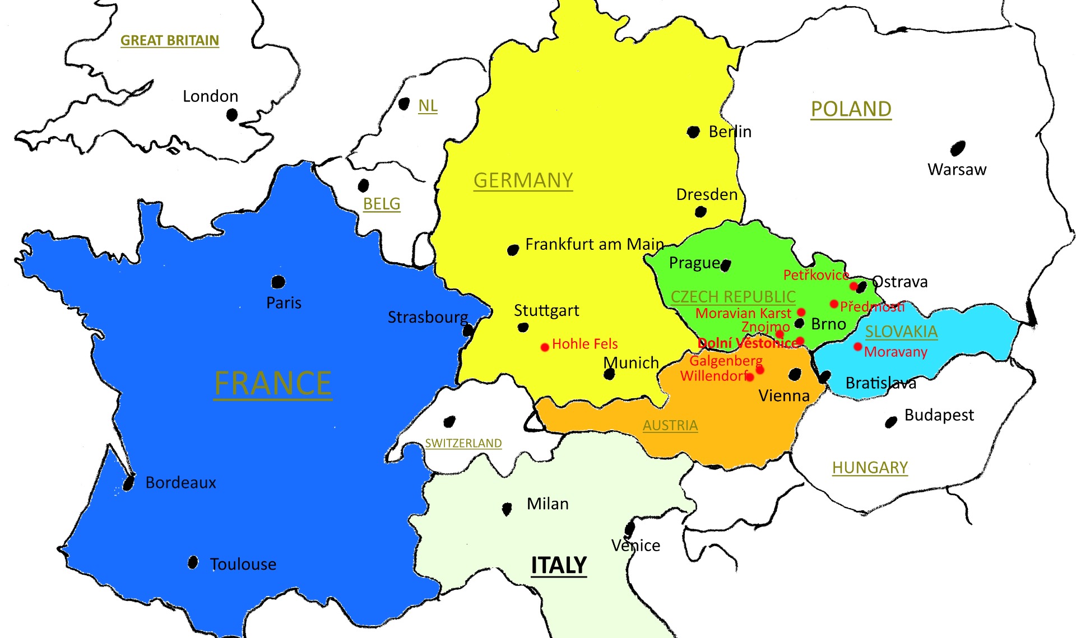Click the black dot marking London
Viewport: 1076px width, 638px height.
[232, 115]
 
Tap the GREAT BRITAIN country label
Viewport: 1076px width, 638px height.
[169, 40]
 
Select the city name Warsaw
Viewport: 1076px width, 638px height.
[957, 169]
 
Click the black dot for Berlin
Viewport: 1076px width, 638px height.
[693, 132]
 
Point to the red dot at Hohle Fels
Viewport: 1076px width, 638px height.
[544, 347]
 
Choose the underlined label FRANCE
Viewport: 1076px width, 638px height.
[272, 384]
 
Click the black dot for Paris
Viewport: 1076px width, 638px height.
[278, 282]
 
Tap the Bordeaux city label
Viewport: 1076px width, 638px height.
[180, 482]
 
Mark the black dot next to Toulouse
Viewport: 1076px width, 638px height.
[193, 562]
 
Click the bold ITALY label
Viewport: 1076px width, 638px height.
[558, 565]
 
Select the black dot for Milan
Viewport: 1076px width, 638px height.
[507, 509]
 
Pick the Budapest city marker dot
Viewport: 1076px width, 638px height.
[891, 422]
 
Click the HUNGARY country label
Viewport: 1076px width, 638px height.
[869, 467]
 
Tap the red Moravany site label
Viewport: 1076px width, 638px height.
[896, 352]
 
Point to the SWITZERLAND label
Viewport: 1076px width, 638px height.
[463, 443]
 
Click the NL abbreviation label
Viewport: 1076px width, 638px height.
[428, 105]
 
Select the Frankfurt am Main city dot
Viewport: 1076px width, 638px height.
[513, 250]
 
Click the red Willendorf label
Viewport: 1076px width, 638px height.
[713, 375]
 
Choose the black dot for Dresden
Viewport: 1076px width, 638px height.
[700, 212]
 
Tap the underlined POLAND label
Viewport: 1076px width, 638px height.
[851, 109]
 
